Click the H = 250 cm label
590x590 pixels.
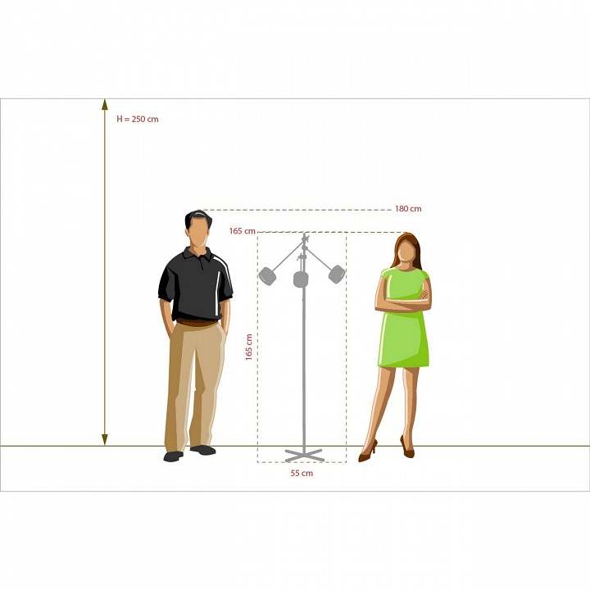[138, 120]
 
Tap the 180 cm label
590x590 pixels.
[408, 209]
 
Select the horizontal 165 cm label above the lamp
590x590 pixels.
[243, 231]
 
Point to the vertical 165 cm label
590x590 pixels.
[249, 347]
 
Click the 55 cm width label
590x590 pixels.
[302, 473]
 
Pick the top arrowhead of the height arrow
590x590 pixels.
[105, 105]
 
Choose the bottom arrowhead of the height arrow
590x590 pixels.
[105, 439]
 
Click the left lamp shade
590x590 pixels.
[267, 276]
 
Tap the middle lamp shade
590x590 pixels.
[301, 279]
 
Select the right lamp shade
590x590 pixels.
[337, 274]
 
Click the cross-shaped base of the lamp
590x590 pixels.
[304, 455]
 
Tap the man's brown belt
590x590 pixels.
[197, 323]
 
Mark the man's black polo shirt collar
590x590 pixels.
[198, 254]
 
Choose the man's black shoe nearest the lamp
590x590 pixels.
[203, 450]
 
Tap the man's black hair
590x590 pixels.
[197, 217]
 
